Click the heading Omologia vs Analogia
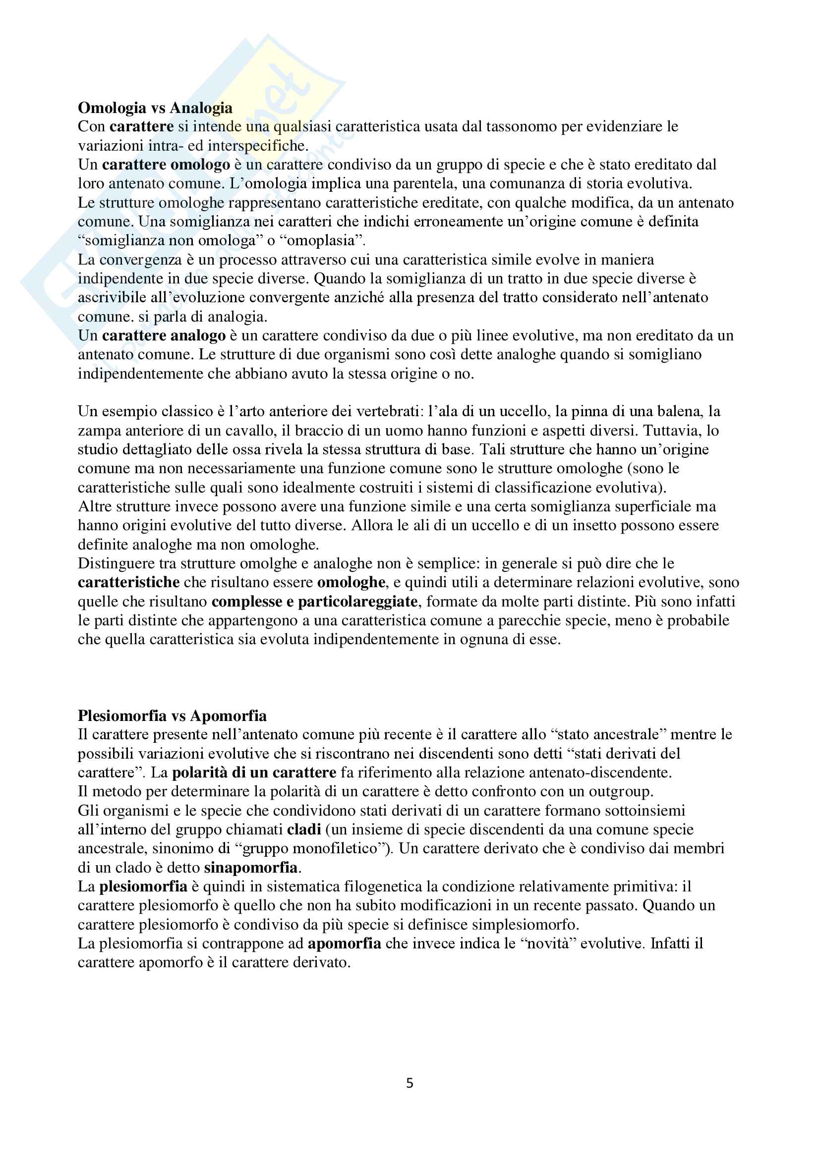155,108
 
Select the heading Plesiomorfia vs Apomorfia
172,716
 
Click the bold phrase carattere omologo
166,165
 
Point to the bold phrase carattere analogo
164,335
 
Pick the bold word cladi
304,829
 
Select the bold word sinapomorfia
251,867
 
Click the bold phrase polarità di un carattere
254,773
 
